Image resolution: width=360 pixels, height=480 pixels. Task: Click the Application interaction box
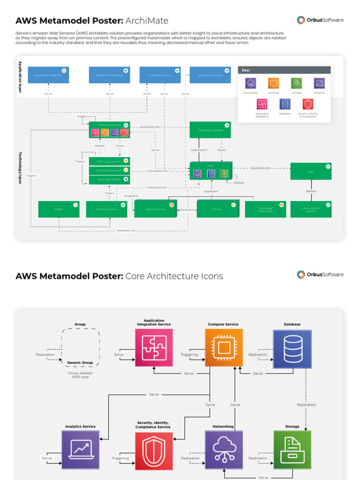click(48, 75)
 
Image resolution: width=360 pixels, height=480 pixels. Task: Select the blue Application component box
click(109, 75)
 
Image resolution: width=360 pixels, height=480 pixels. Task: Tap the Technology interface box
click(210, 130)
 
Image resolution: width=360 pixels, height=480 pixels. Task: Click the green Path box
click(311, 171)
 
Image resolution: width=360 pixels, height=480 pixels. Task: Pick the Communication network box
click(311, 209)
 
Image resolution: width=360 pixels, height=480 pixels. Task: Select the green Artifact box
click(59, 209)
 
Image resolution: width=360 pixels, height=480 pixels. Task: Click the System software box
click(155, 209)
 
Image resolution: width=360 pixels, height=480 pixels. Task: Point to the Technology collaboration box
click(265, 209)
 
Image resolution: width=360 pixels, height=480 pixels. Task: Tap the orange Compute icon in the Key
click(273, 83)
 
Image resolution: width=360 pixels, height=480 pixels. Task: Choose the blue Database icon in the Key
click(285, 104)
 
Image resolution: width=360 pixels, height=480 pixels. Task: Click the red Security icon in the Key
click(308, 104)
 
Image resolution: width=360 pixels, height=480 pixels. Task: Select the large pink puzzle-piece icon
click(154, 347)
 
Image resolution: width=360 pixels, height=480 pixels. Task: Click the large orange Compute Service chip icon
click(224, 347)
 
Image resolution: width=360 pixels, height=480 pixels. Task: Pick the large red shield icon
click(154, 451)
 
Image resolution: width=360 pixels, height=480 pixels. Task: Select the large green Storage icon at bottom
click(292, 450)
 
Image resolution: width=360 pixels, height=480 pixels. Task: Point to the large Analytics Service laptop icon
click(81, 450)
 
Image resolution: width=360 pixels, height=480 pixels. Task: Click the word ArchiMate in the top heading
click(147, 21)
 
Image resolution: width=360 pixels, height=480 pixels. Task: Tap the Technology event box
click(106, 209)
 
